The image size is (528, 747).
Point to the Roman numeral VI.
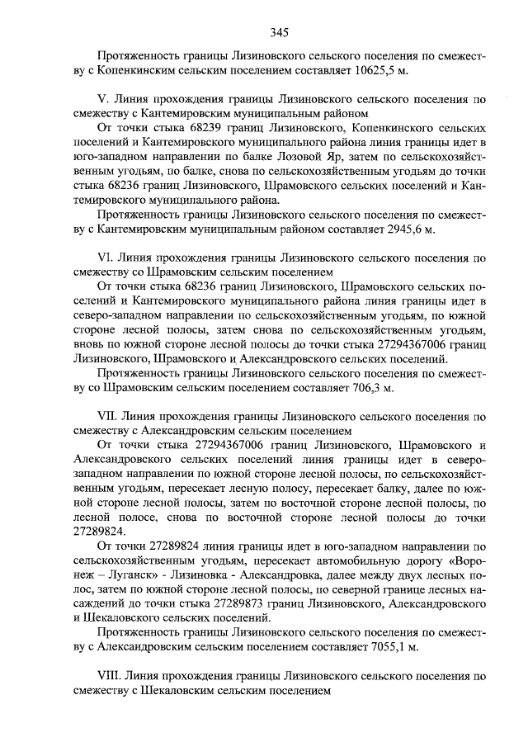coord(106,258)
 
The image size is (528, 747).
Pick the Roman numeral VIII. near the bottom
coord(111,675)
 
